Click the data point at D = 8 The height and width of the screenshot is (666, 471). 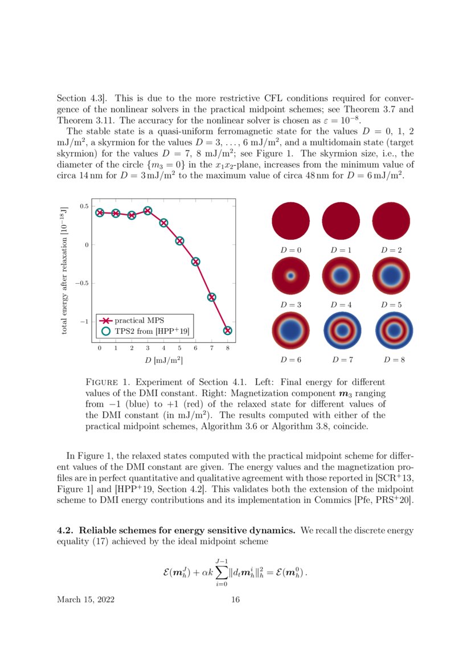[x=228, y=330]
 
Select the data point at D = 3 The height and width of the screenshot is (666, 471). [x=148, y=211]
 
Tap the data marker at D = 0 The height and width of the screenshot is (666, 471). [x=100, y=213]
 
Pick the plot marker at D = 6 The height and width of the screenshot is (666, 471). [x=195, y=262]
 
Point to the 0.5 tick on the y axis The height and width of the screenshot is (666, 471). [x=84, y=206]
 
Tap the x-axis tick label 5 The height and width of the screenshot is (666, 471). [x=179, y=348]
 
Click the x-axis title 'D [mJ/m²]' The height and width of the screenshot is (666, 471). [x=163, y=360]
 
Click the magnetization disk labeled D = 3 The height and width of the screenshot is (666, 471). [x=290, y=276]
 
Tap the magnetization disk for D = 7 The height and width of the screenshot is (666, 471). [x=342, y=330]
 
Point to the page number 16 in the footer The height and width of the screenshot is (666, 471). [x=236, y=600]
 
